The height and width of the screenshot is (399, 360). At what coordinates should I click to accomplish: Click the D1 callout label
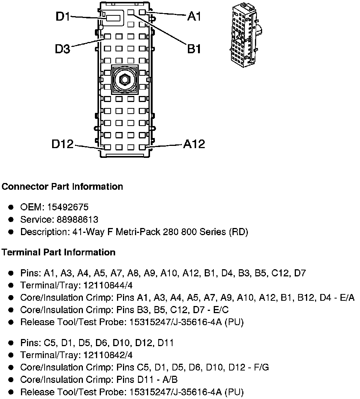click(x=63, y=17)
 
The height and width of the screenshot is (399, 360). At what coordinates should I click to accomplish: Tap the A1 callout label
click(x=194, y=16)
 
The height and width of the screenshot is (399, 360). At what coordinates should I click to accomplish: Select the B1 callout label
click(x=194, y=49)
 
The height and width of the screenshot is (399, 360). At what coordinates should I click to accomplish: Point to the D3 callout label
click(x=63, y=49)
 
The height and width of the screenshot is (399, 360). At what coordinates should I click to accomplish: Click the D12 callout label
click(x=63, y=144)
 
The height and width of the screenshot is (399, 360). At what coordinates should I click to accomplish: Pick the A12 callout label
click(x=194, y=144)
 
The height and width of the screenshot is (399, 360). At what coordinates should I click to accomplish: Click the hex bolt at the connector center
click(x=124, y=79)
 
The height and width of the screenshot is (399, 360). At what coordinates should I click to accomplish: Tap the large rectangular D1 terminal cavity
click(x=113, y=18)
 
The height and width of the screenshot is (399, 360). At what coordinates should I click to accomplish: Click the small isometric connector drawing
click(x=246, y=37)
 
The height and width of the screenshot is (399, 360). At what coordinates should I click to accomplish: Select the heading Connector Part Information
click(x=62, y=186)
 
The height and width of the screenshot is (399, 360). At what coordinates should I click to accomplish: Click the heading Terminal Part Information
click(x=58, y=252)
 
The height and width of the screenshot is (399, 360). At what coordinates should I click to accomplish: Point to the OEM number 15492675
click(x=68, y=207)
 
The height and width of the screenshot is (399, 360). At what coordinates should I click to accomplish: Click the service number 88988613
click(x=77, y=219)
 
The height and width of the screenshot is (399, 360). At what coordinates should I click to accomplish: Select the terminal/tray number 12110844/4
click(x=108, y=285)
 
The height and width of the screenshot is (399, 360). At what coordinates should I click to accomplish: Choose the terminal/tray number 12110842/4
click(x=108, y=355)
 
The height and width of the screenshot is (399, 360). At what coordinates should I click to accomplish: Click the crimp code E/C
click(x=221, y=310)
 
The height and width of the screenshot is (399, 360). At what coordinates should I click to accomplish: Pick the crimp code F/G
click(x=261, y=367)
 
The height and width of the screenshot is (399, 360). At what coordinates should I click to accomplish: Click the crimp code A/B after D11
click(x=170, y=379)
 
